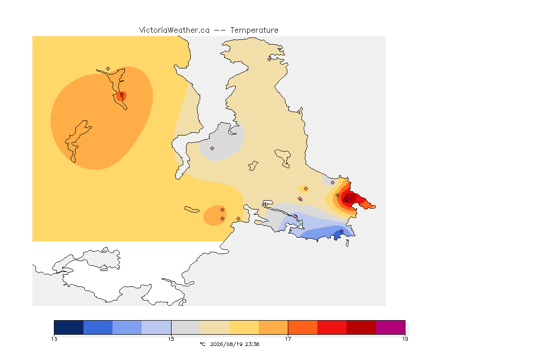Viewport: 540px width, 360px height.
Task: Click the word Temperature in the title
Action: (x=254, y=30)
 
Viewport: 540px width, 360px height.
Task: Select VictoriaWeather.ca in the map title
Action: (x=174, y=30)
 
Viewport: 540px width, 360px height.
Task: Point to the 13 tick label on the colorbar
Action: (x=54, y=339)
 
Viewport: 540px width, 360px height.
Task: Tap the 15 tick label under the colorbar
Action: (x=171, y=339)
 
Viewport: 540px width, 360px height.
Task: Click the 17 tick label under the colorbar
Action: (x=288, y=339)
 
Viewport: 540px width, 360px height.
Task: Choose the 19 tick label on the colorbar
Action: (x=405, y=339)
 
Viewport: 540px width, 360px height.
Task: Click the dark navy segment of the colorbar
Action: (x=69, y=327)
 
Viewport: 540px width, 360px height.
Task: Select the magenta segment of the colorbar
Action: (x=390, y=327)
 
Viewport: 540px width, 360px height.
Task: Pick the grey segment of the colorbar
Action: (x=186, y=327)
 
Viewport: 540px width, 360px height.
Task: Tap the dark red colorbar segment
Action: (x=361, y=327)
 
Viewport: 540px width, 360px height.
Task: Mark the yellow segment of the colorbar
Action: (x=244, y=327)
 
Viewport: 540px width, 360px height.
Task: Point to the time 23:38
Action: (x=252, y=344)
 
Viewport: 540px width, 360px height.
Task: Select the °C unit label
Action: (x=202, y=344)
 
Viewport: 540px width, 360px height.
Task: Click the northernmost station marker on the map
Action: (x=270, y=59)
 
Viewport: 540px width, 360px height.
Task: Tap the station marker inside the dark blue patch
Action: (x=341, y=231)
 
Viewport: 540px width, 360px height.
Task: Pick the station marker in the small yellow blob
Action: (x=306, y=189)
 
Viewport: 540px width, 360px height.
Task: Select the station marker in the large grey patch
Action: (x=212, y=149)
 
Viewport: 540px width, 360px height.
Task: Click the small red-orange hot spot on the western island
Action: (x=121, y=96)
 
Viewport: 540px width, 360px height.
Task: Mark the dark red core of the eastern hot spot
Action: (x=349, y=199)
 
